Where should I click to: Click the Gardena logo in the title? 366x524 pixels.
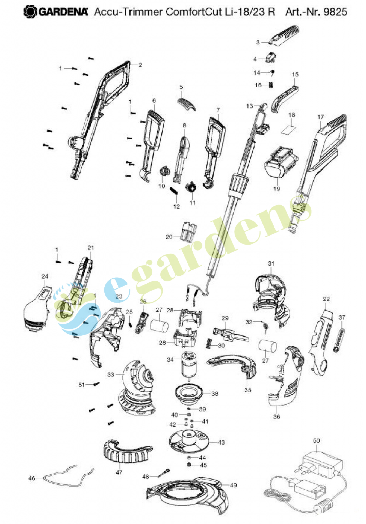coord(56,12)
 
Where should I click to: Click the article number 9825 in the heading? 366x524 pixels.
coord(335,12)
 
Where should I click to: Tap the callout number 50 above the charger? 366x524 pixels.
coord(317,440)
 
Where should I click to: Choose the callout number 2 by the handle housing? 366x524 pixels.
coord(140,65)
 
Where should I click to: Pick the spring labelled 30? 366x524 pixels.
coord(209,343)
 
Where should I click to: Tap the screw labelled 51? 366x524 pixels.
coord(96,384)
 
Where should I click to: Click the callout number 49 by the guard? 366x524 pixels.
coord(233,485)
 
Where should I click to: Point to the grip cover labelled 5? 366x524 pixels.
coord(187,104)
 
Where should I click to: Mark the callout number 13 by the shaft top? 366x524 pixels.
coord(249,106)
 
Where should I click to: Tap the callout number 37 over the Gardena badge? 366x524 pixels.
coord(342,317)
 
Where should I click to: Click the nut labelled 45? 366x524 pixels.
coord(189,465)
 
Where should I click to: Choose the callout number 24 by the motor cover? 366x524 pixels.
coord(45,276)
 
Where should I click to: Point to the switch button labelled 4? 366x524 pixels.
coord(271,57)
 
